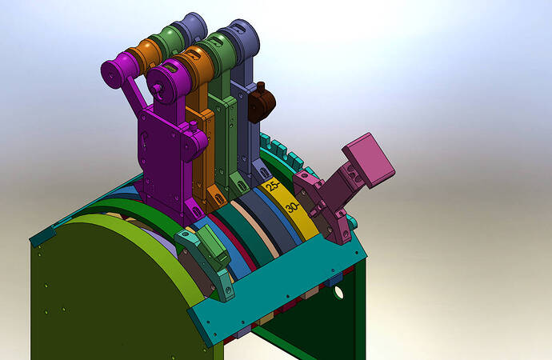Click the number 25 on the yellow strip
coord(273,186)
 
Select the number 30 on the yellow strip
coord(294,206)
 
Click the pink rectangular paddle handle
coord(368,160)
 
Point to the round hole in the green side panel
coord(338,292)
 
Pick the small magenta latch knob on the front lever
coord(197,141)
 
